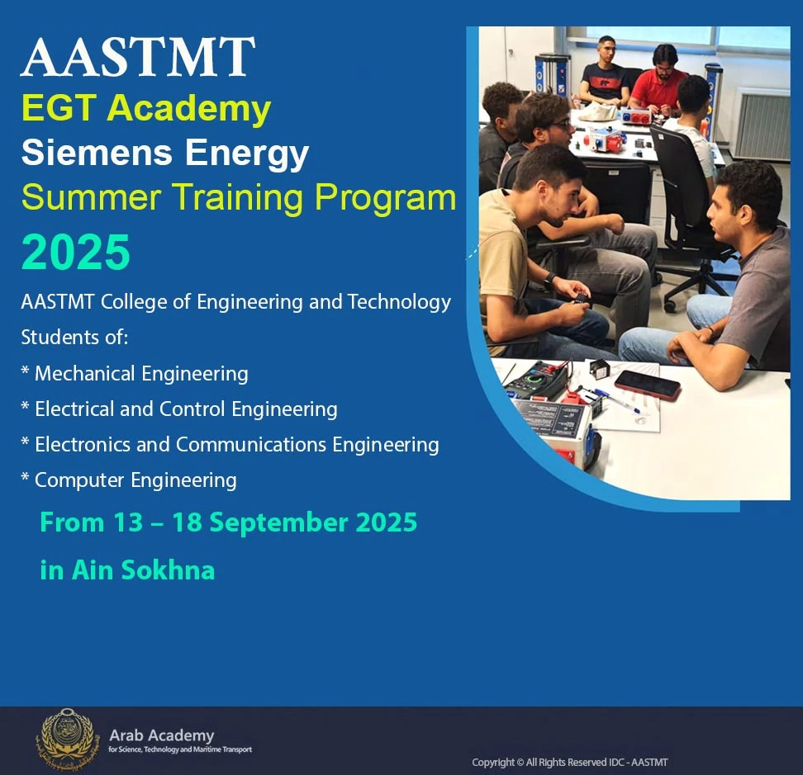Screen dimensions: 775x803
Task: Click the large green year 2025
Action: coord(76,253)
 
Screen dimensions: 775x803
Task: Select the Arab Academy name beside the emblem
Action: coord(161,735)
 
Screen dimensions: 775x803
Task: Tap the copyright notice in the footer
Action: coord(570,762)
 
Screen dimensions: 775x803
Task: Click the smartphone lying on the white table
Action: coord(647,384)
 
